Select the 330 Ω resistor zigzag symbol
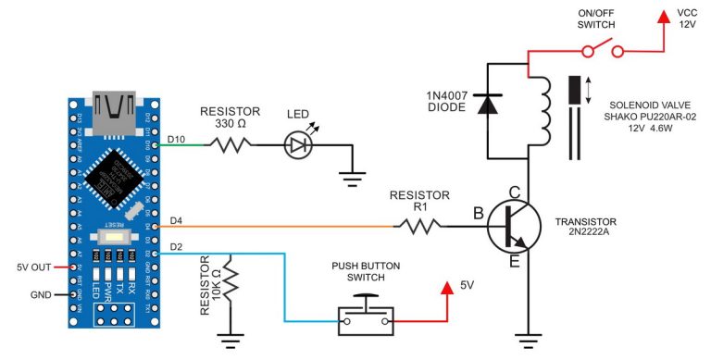pos(229,144)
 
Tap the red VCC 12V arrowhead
pos(663,17)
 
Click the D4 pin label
pos(177,219)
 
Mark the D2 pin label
pos(177,246)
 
